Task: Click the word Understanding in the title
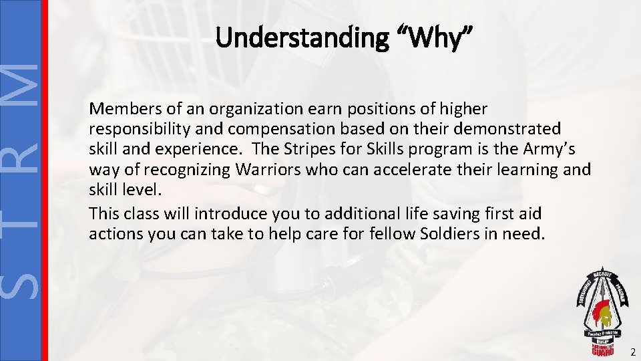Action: pos(301,38)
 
